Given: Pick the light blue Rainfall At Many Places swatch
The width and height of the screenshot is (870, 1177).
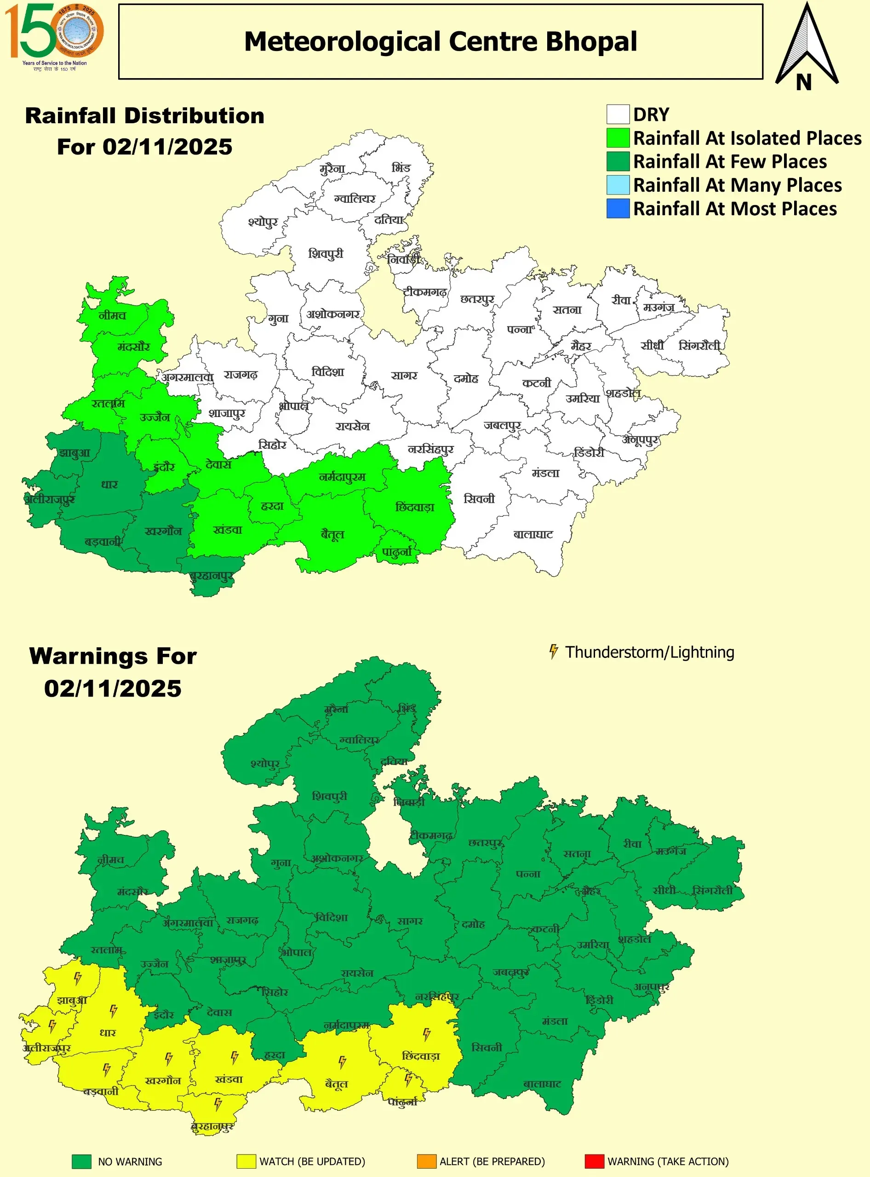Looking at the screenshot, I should [618, 185].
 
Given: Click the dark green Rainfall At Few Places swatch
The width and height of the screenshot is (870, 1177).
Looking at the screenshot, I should [618, 161].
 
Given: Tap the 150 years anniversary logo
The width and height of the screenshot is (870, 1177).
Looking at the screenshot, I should [54, 36].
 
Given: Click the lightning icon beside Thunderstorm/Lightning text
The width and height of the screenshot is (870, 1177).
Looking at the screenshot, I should [554, 651].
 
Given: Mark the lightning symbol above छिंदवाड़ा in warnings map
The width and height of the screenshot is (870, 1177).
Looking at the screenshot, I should [427, 1033].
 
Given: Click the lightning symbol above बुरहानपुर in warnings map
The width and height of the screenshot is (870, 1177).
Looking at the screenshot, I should [218, 1103].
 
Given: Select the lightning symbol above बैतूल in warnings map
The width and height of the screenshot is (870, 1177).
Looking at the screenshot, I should [342, 1061].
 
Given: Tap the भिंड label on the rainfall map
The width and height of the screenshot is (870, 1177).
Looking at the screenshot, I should [401, 168].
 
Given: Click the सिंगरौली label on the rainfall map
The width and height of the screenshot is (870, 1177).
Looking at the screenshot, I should [699, 345].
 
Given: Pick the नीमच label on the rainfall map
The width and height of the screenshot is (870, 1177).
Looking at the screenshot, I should [113, 315].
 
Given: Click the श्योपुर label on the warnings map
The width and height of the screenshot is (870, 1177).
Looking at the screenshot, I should [265, 763].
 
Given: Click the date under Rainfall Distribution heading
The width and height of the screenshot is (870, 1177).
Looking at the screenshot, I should [145, 147].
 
